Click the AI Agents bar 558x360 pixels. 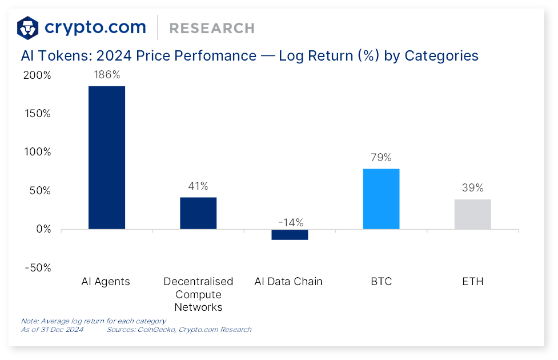(107, 158)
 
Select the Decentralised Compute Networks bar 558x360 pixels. (198, 213)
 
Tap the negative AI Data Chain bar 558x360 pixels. (290, 234)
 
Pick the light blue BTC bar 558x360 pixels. (381, 199)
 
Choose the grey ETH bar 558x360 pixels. (472, 214)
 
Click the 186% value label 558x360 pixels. (107, 75)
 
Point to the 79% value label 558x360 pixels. (381, 158)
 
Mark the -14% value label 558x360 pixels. (290, 222)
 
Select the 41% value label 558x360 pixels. (198, 186)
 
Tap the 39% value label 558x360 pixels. (472, 188)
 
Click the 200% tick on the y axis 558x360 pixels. (37, 75)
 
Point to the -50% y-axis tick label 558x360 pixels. (37, 268)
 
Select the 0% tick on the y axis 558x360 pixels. (43, 229)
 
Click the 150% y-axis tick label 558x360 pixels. (37, 114)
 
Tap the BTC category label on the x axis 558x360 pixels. (381, 282)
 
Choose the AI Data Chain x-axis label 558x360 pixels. (288, 282)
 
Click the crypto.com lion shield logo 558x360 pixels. (28, 27)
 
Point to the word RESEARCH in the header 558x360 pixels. (212, 28)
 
